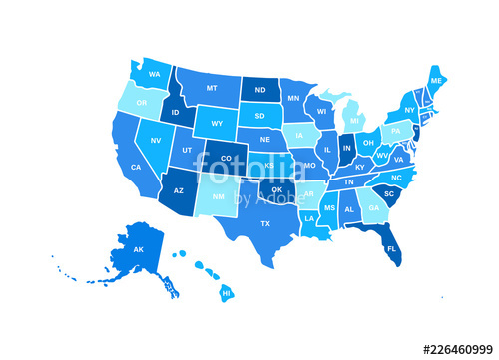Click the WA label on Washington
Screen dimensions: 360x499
(155, 75)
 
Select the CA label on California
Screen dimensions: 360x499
(135, 167)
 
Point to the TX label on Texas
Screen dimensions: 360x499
(265, 223)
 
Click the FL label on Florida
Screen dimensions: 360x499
(391, 248)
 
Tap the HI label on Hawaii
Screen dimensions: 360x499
(226, 294)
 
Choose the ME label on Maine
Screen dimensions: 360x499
(436, 81)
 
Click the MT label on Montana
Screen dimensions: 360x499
(212, 88)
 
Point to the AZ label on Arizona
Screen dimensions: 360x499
(179, 189)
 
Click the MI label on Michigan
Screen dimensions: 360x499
(353, 121)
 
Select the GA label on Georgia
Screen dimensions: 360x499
(373, 208)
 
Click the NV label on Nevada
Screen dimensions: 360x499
(157, 141)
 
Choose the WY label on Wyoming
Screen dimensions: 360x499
(216, 126)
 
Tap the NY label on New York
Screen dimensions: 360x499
(409, 110)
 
